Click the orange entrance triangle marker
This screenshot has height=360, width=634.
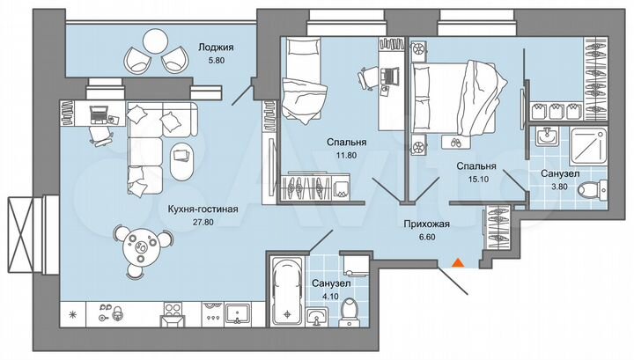point(457,261)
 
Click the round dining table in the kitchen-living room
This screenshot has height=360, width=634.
point(140,246)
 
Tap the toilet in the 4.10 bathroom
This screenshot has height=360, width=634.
point(349,309)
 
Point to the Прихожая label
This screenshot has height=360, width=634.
point(427,224)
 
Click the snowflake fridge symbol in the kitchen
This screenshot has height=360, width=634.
point(72,314)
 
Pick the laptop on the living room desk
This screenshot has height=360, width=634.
point(99,114)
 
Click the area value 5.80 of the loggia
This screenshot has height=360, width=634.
point(215,63)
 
